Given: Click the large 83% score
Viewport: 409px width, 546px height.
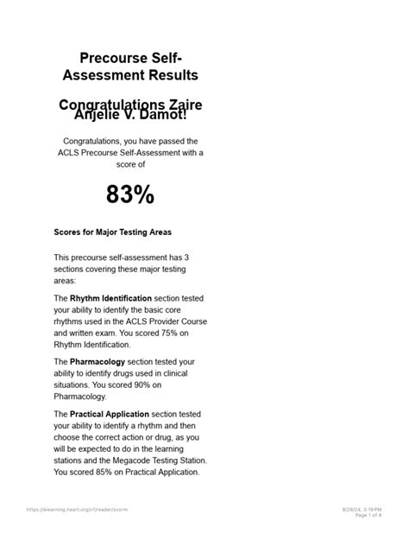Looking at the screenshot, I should click(x=130, y=195).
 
